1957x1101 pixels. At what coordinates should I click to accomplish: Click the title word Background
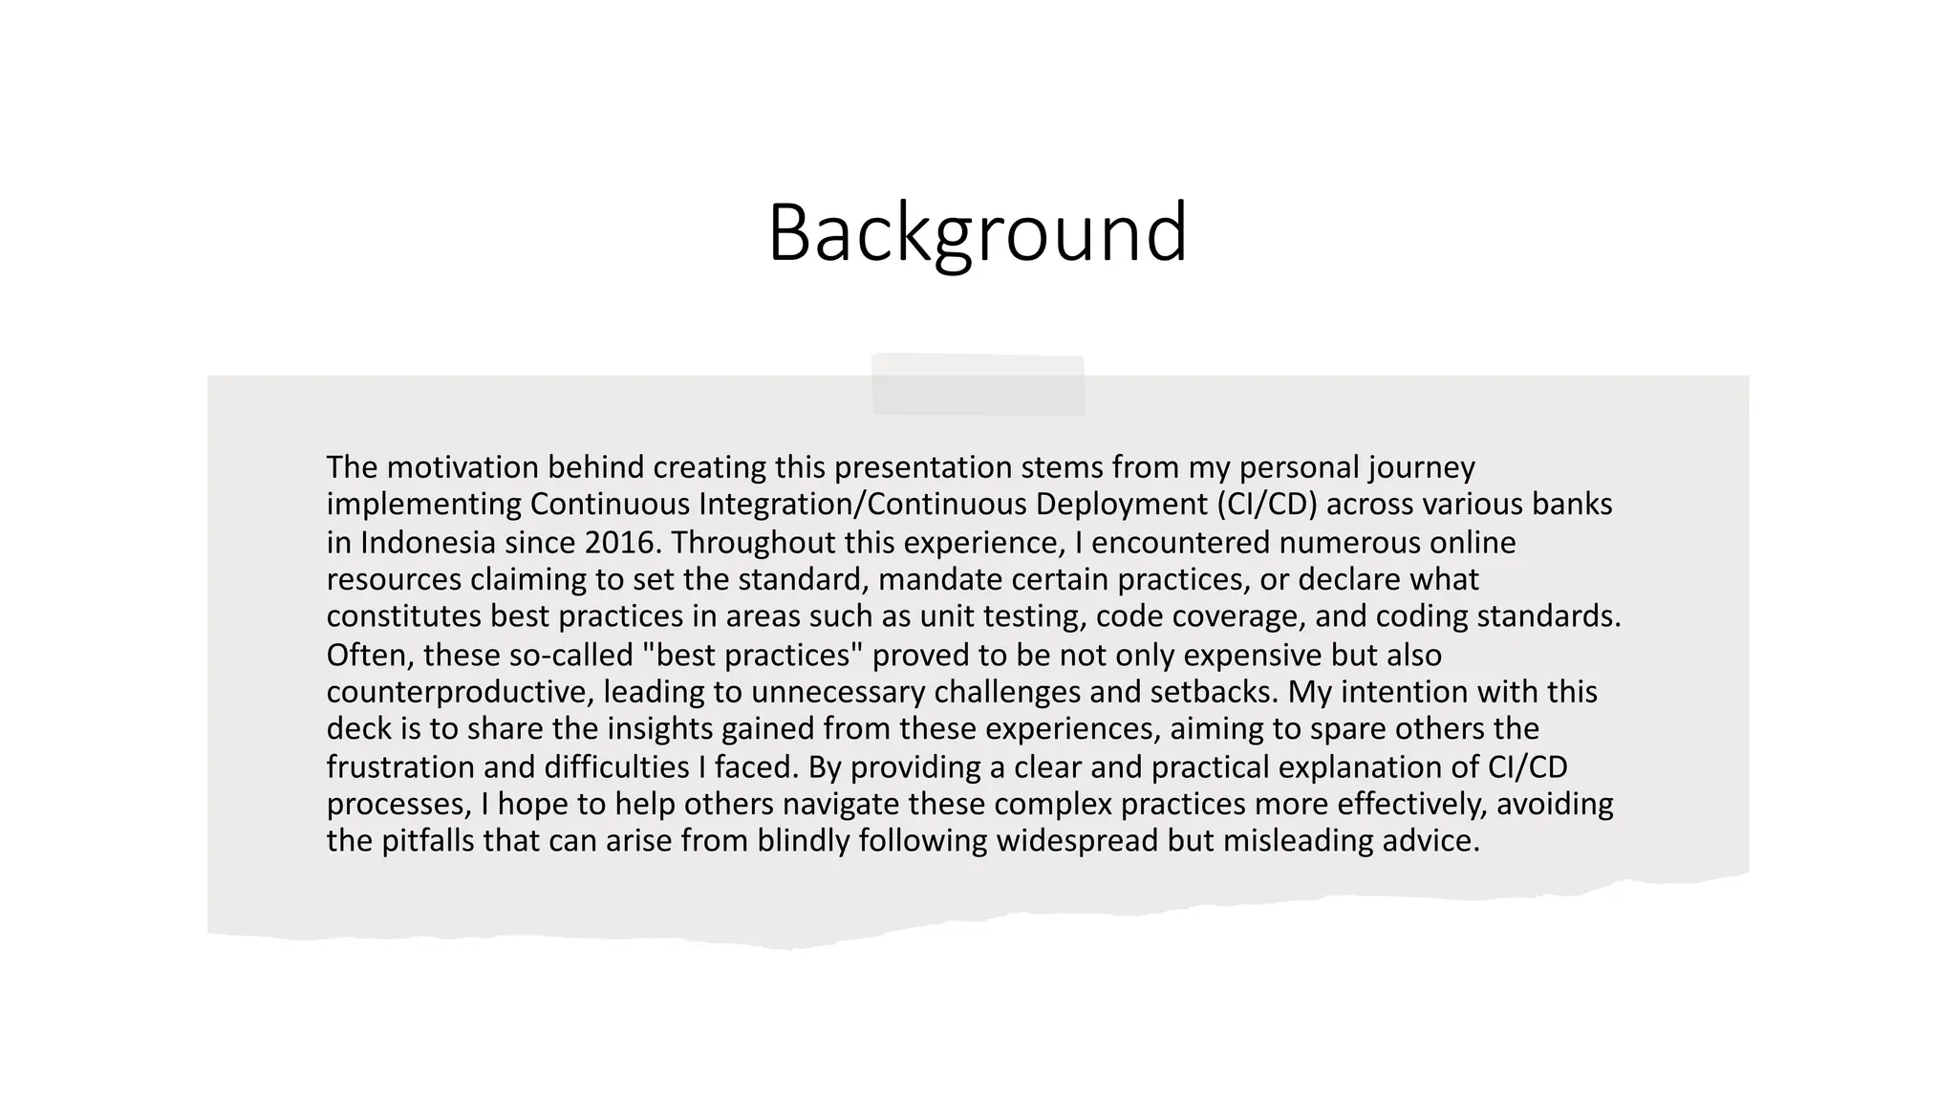[978, 232]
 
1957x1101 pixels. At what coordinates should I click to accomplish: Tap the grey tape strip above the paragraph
[978, 385]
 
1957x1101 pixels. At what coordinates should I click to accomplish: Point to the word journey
[1421, 467]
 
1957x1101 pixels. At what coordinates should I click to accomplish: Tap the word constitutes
[404, 616]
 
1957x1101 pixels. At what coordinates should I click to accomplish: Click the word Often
[368, 656]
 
